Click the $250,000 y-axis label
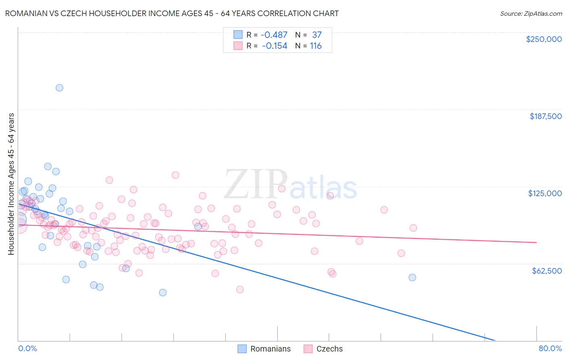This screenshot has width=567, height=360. click(544, 39)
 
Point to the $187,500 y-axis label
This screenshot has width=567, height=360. click(546, 116)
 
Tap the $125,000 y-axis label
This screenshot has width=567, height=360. click(545, 193)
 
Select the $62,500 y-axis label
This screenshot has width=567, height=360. click(547, 271)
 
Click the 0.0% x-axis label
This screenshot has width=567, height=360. click(27, 348)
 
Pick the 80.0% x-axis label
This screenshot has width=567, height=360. click(550, 348)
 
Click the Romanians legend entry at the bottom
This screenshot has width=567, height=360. click(270, 349)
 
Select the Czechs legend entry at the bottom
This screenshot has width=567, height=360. click(329, 349)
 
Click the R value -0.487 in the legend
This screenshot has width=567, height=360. click(274, 35)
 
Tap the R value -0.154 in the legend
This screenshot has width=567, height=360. click(274, 46)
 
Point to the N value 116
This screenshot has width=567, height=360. click(316, 46)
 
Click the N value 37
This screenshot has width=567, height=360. click(317, 35)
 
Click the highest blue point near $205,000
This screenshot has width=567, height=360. click(59, 88)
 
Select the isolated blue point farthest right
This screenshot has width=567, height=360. click(412, 277)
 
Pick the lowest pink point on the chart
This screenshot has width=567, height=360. click(240, 289)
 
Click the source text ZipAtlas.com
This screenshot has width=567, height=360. click(531, 14)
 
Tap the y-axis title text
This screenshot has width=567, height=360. click(11, 184)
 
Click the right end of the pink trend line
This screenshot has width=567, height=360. click(536, 242)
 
